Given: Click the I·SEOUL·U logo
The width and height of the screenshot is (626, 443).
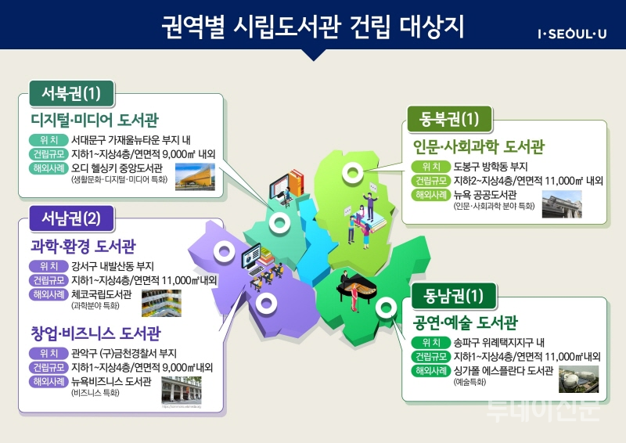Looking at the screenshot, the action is pos(571,33).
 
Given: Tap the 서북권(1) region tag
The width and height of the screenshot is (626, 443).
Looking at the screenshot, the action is pos(71,94).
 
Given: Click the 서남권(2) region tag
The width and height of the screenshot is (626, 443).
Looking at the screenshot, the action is pos(72,217).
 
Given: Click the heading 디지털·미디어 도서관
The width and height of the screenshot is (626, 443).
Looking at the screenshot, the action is pos(95,120).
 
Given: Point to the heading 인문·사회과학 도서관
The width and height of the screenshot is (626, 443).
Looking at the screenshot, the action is pos(478,146).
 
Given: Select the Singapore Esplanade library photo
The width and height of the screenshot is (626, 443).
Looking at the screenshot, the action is pos(578,378).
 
